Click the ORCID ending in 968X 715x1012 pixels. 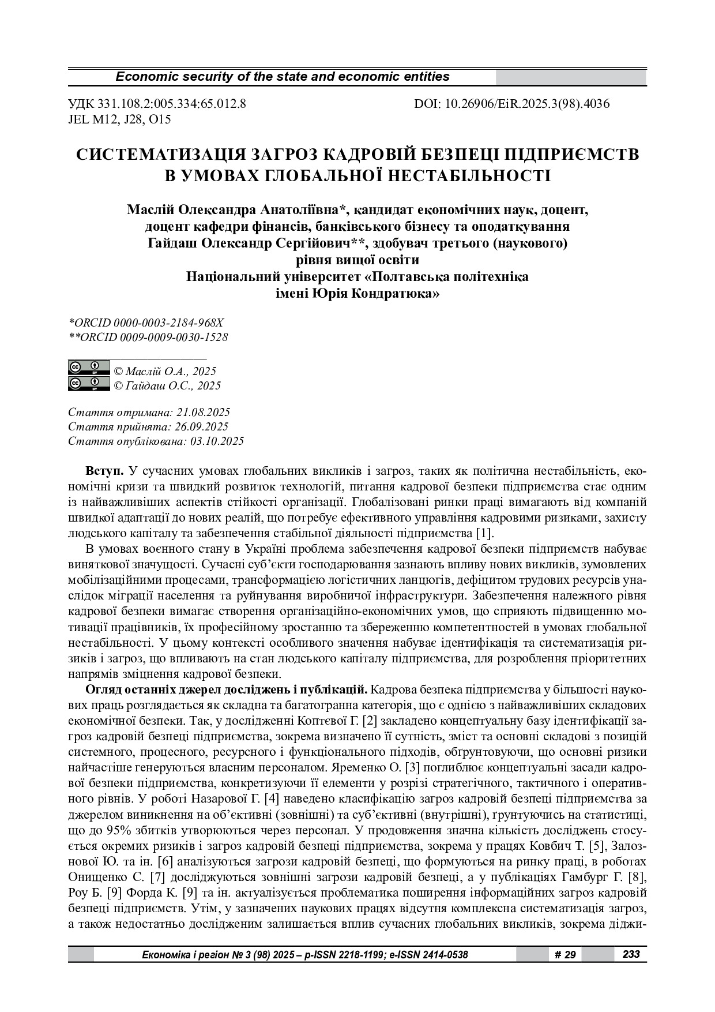[x=146, y=323]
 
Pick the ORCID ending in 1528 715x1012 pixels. [x=148, y=337]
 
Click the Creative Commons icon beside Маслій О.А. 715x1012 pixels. [x=89, y=368]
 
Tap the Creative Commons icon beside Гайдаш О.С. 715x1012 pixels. [x=89, y=383]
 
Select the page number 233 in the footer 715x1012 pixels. [x=631, y=954]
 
